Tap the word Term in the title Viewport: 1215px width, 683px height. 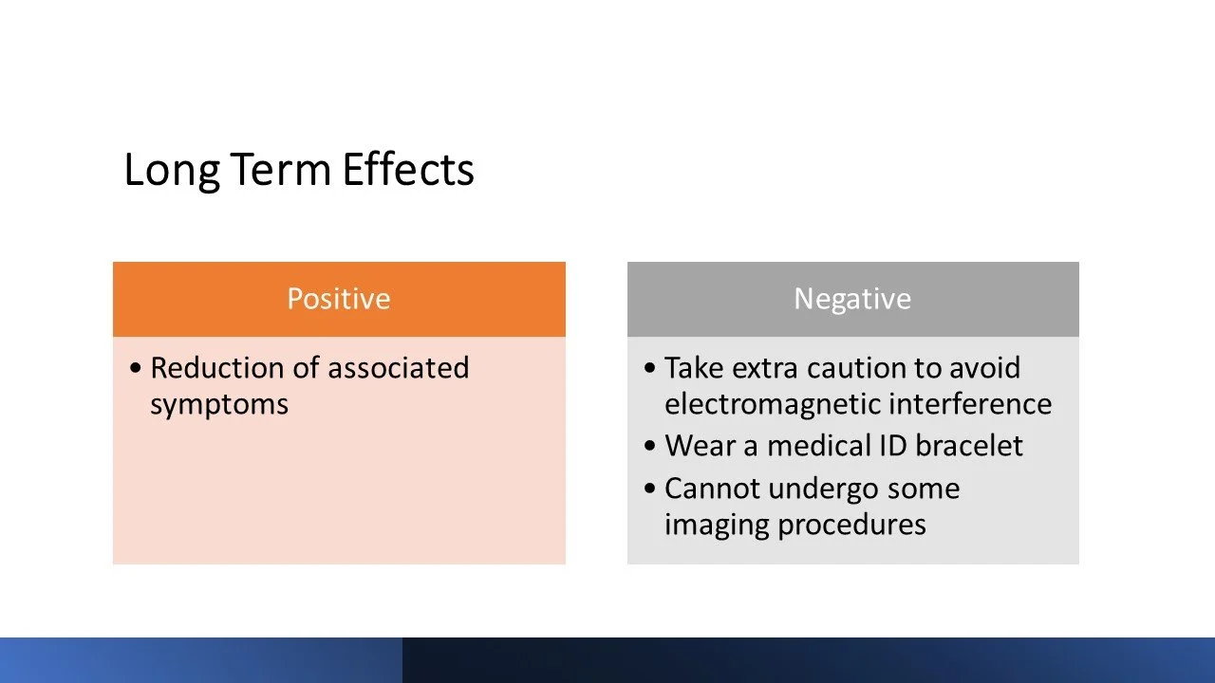pyautogui.click(x=280, y=169)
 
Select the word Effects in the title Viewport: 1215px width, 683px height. pyautogui.click(x=408, y=169)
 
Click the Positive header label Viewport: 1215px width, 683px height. pyautogui.click(x=339, y=299)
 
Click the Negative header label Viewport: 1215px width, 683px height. pyautogui.click(x=852, y=299)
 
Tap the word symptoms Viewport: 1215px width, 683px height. pyautogui.click(x=219, y=405)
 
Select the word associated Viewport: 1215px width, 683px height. pyautogui.click(x=399, y=367)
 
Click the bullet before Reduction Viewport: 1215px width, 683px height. pyautogui.click(x=136, y=369)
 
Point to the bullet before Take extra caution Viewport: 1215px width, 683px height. pyautogui.click(x=650, y=369)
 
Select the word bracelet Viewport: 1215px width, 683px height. pyautogui.click(x=969, y=446)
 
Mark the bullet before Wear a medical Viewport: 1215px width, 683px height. pyautogui.click(x=650, y=446)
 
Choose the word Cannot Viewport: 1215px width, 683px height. pyautogui.click(x=711, y=489)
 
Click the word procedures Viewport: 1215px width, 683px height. pyautogui.click(x=851, y=526)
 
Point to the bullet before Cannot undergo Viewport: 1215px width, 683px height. pyautogui.click(x=650, y=489)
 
